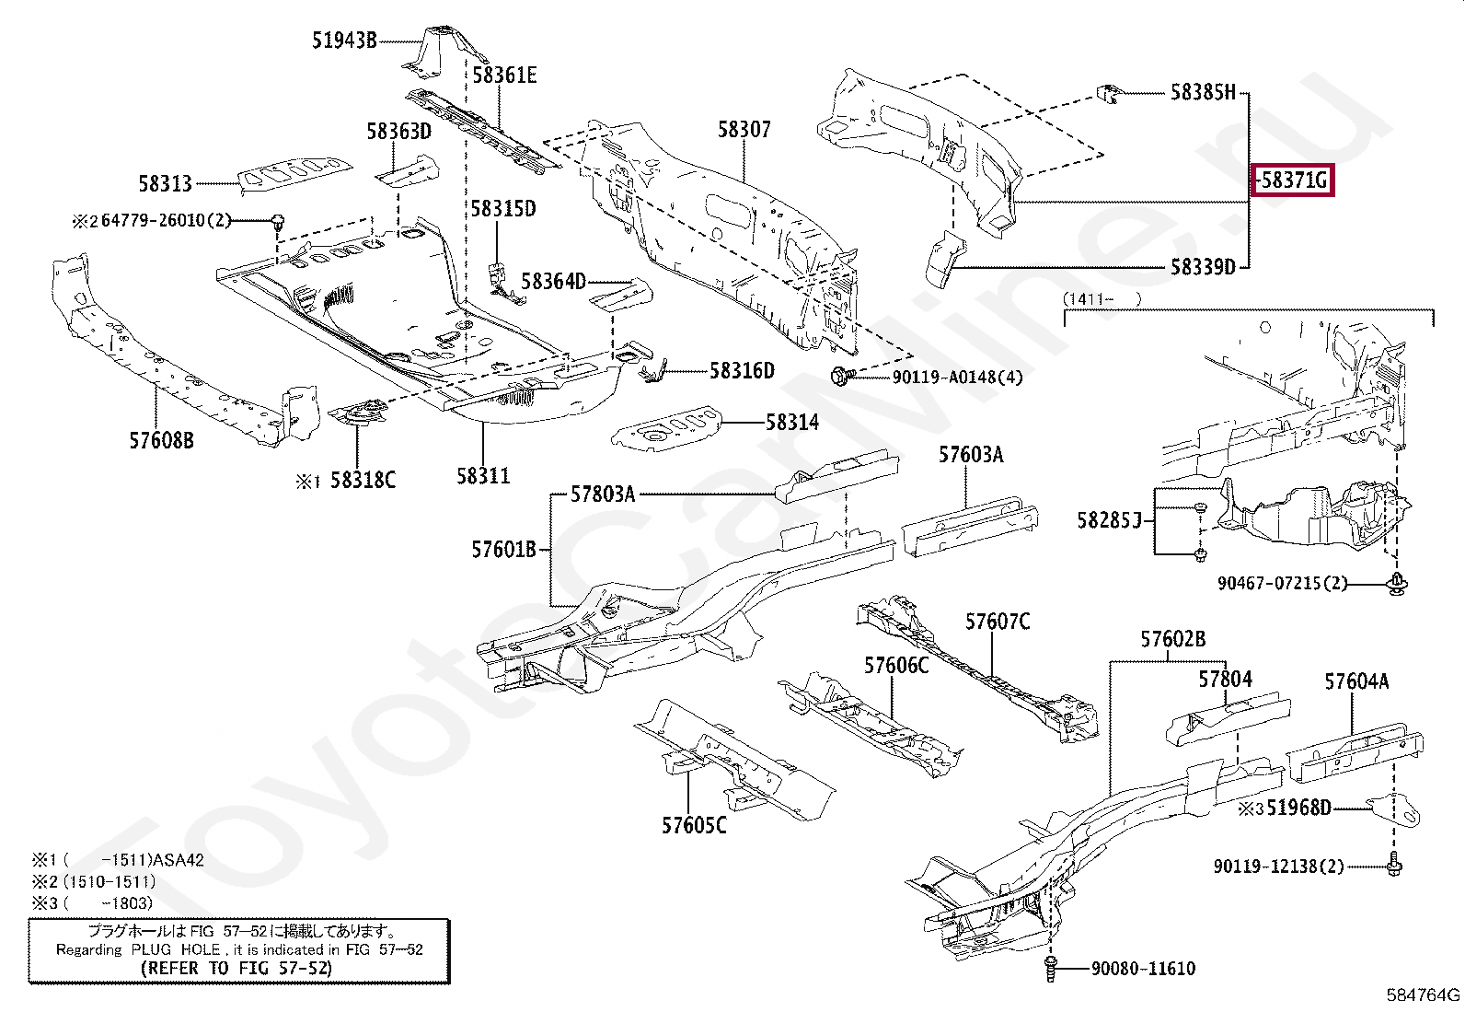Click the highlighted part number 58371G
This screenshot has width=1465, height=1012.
point(1293,180)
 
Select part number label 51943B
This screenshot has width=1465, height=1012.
point(344,41)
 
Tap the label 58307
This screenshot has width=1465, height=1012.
point(744,130)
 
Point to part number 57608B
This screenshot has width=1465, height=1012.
point(162,440)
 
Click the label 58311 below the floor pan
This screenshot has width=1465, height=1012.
point(483,476)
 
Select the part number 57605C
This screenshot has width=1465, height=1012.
point(694,825)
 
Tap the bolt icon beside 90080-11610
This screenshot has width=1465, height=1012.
point(1050,969)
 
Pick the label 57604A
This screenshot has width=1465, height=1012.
point(1356,681)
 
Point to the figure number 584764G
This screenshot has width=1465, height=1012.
point(1423,995)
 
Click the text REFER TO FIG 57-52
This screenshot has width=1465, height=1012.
point(236,968)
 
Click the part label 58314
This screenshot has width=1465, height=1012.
point(792,423)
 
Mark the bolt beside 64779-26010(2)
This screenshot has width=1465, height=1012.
point(277,221)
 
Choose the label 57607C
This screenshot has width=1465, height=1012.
point(998,622)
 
